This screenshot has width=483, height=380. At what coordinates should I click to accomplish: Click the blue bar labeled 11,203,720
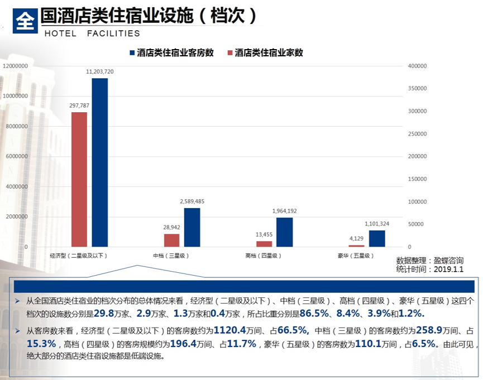[100, 162]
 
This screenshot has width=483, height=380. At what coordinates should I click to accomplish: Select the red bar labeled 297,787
[79, 179]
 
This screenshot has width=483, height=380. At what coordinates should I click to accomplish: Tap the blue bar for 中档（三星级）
[192, 227]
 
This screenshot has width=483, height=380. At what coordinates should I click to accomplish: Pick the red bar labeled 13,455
[264, 243]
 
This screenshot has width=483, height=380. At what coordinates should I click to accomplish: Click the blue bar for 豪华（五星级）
[377, 238]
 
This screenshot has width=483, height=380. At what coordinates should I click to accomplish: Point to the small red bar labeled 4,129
[356, 246]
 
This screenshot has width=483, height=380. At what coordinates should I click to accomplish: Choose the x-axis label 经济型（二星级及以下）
[78, 256]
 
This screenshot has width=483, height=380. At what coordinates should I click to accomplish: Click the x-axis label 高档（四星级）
[263, 256]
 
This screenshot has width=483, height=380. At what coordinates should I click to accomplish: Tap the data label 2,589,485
[192, 201]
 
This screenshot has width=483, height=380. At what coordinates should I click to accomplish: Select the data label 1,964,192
[285, 210]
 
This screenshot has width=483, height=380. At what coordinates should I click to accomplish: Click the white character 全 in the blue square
[25, 21]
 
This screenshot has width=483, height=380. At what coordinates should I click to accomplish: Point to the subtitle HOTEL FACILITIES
[92, 34]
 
